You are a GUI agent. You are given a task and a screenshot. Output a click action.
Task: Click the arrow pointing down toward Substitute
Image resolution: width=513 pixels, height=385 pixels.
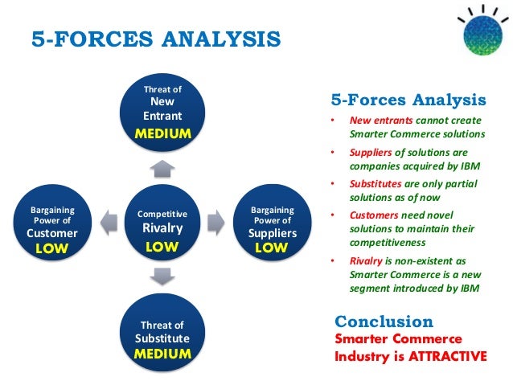pos(162,276)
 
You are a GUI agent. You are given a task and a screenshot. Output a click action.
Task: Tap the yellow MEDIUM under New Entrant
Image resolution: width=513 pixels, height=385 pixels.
pos(162,133)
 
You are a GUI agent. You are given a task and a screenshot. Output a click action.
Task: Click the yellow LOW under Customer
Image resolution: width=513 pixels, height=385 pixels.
pos(52,248)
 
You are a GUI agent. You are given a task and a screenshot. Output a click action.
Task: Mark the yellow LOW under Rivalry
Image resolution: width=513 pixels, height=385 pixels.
pos(162,247)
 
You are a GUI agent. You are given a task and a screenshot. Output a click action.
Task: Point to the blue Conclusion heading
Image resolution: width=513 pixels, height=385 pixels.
pos(384,322)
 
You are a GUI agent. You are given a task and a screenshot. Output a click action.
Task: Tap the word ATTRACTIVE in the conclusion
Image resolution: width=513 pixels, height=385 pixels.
pos(447,355)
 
